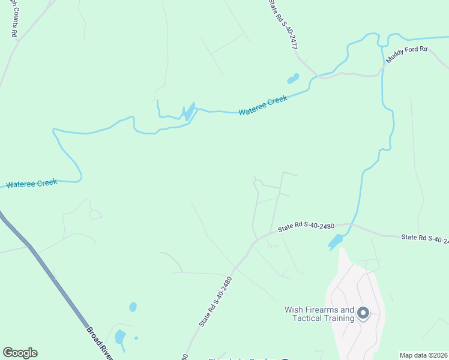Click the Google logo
(20, 353)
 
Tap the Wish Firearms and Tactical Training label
(319, 314)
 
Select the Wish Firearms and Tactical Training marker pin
(363, 313)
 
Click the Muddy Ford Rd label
(406, 58)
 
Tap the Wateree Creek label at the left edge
(31, 184)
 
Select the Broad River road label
(100, 343)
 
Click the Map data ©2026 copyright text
(424, 355)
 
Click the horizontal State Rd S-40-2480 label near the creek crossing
(306, 226)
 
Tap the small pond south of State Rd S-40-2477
(293, 79)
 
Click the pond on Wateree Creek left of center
(188, 112)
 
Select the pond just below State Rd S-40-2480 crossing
(336, 242)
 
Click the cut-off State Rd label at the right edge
(425, 239)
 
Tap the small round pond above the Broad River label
(133, 307)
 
